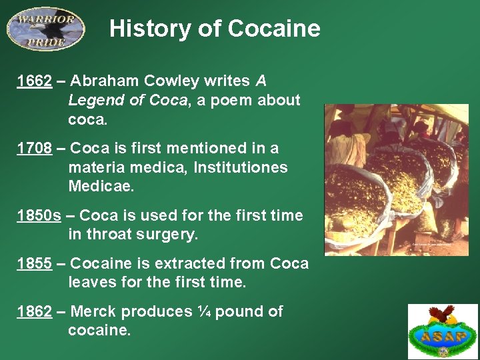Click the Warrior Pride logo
pos(45,29)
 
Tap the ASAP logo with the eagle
pos(443,331)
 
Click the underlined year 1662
pos(35,81)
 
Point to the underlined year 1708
pos(35,148)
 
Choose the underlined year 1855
pos(35,263)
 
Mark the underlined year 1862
pos(35,311)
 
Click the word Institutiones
pos(241,167)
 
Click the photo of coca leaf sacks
pos(396,180)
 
